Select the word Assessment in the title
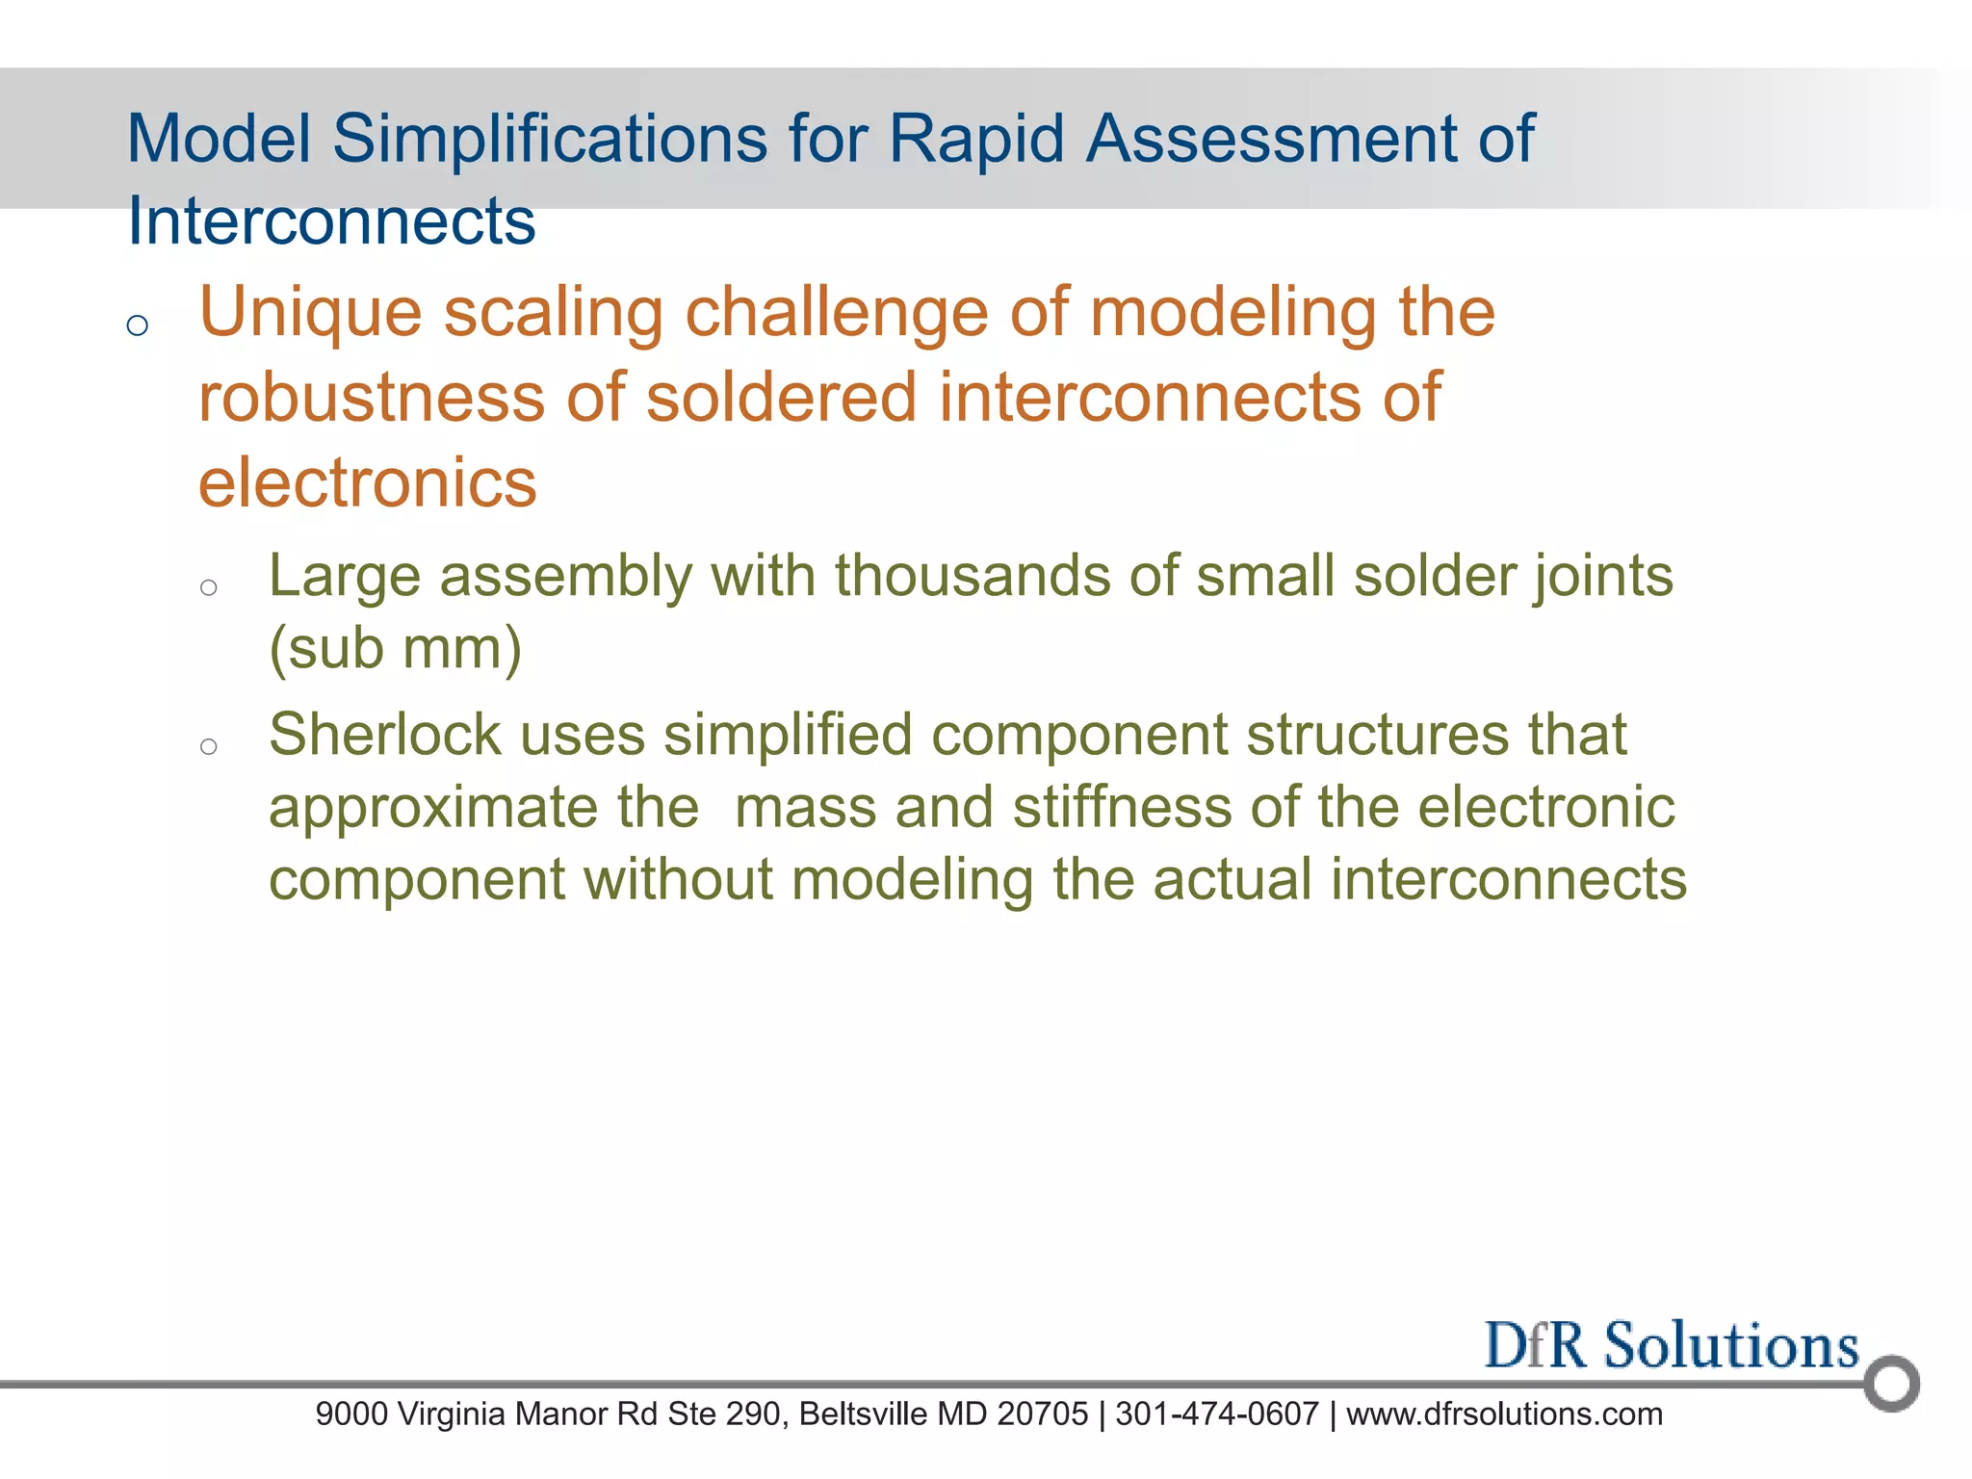pos(1270,139)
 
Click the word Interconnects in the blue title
pos(331,221)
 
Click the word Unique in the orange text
pos(310,314)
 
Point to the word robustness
pos(372,398)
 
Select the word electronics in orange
pos(367,482)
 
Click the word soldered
pos(781,398)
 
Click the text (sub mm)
pos(395,648)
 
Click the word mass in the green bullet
pos(805,807)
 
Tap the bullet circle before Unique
pos(138,325)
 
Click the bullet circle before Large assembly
pos(209,587)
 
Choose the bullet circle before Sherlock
pos(209,746)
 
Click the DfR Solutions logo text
pos(1671,1345)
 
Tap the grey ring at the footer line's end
pos(1891,1384)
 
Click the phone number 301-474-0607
pos(1216,1414)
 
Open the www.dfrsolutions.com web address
pos(1504,1414)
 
